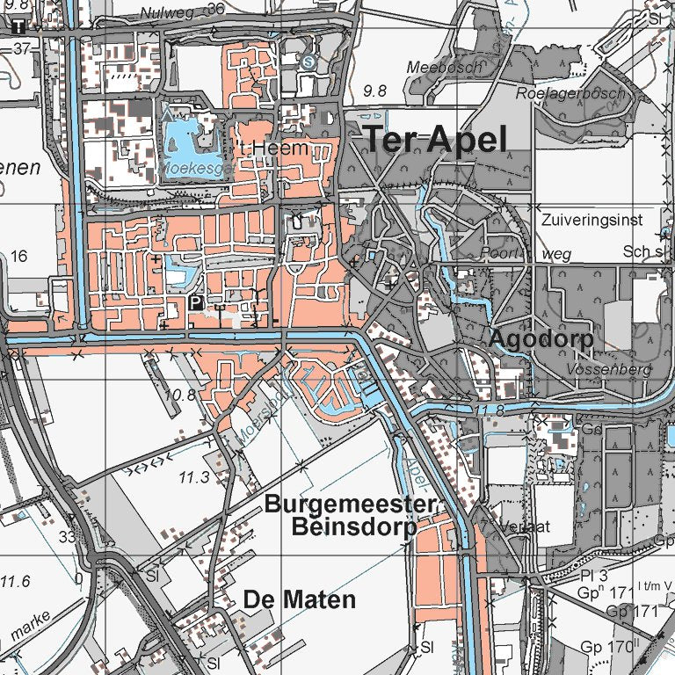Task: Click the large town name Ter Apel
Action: [x=435, y=140]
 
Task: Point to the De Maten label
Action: [x=300, y=600]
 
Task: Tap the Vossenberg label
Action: [x=609, y=370]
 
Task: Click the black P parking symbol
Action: [x=196, y=303]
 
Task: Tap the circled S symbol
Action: [x=308, y=62]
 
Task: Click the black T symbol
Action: [x=18, y=26]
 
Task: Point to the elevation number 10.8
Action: [x=180, y=396]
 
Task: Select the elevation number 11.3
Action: [x=194, y=477]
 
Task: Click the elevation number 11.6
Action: [x=14, y=582]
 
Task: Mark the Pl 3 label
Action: [x=594, y=576]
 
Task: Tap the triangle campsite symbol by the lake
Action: [x=167, y=113]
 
